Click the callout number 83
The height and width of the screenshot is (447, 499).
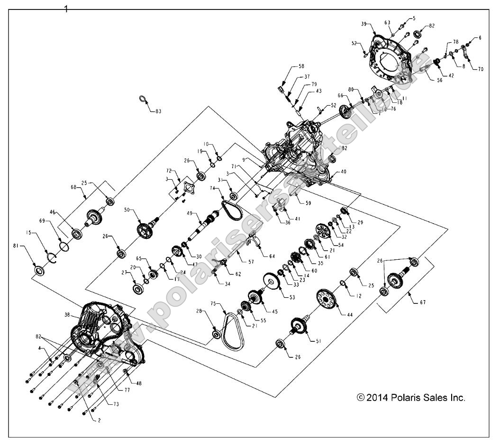(158, 111)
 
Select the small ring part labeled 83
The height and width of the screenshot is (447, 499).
(142, 99)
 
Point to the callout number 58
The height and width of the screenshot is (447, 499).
(301, 67)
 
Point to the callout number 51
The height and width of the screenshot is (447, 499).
(313, 340)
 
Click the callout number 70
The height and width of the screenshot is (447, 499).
(481, 69)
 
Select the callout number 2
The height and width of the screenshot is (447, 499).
(99, 420)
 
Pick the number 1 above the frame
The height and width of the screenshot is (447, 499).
(66, 9)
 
